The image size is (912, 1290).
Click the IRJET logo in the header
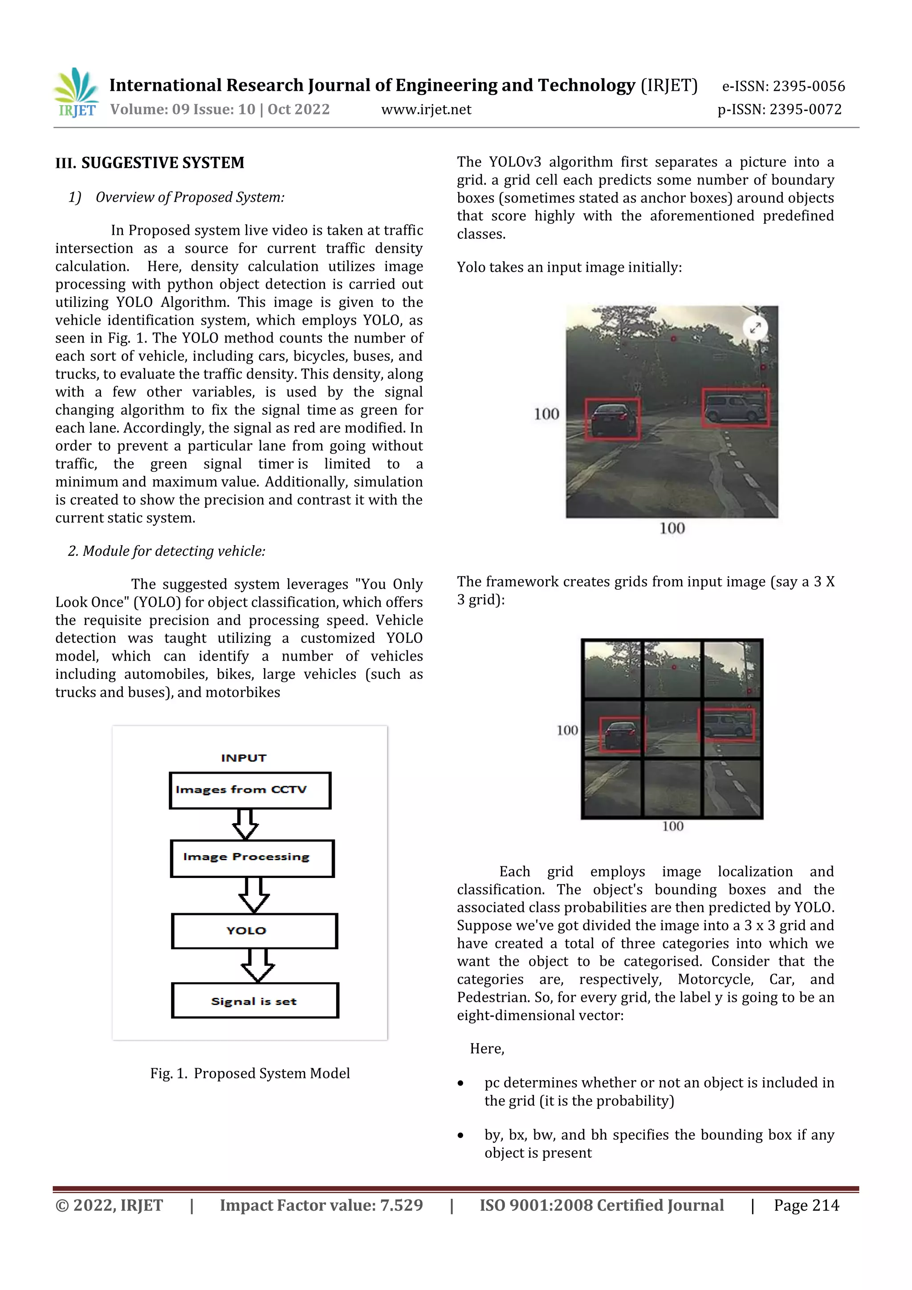pyautogui.click(x=77, y=93)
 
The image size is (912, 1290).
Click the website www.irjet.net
pyautogui.click(x=426, y=110)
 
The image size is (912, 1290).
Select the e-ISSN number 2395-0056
pyautogui.click(x=783, y=86)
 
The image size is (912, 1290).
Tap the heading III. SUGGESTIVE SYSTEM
pyautogui.click(x=150, y=163)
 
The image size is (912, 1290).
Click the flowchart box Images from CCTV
pyautogui.click(x=250, y=790)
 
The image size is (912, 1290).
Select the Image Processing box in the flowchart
pyautogui.click(x=252, y=857)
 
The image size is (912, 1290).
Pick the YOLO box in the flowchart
pyautogui.click(x=254, y=931)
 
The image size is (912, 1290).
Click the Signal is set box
pyautogui.click(x=255, y=1000)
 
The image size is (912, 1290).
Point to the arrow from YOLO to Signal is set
pyautogui.click(x=257, y=965)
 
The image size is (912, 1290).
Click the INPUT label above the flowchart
pyautogui.click(x=244, y=758)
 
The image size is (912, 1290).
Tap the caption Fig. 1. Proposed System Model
pyautogui.click(x=250, y=1073)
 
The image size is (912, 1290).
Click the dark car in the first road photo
pyautogui.click(x=612, y=419)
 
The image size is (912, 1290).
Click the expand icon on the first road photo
pyautogui.click(x=755, y=327)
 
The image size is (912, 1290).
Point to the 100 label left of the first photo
pyautogui.click(x=546, y=414)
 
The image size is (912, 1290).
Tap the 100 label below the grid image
pyautogui.click(x=673, y=826)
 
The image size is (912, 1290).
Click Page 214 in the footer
pyautogui.click(x=806, y=1205)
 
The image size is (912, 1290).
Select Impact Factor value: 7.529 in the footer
pyautogui.click(x=321, y=1205)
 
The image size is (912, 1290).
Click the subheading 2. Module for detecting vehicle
pyautogui.click(x=167, y=551)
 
